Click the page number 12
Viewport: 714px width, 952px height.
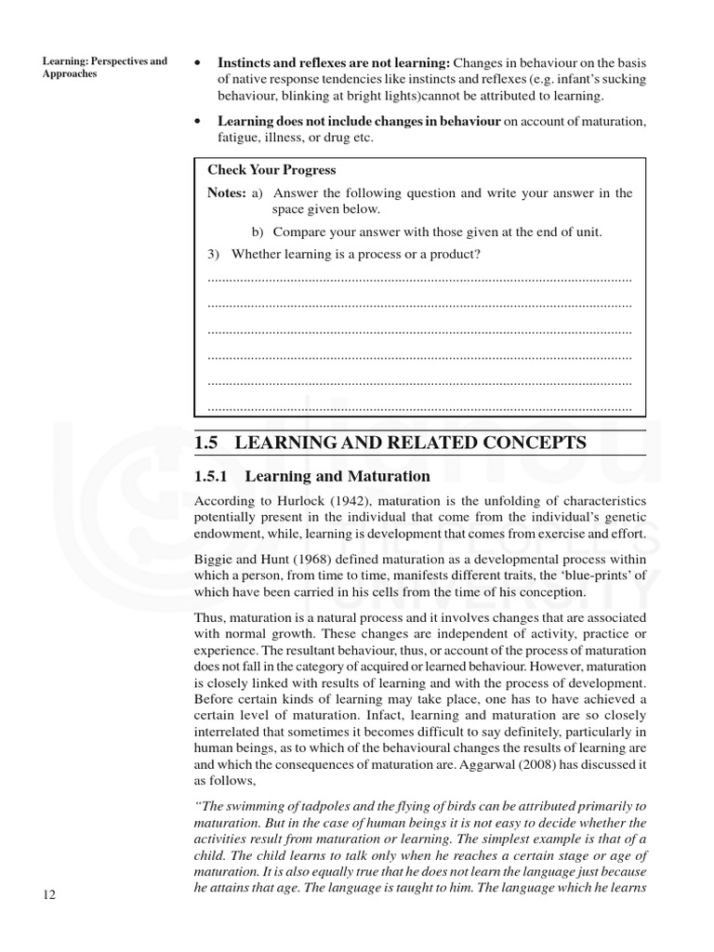[49, 894]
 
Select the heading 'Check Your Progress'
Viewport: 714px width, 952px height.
[271, 170]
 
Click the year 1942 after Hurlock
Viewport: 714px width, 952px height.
[343, 502]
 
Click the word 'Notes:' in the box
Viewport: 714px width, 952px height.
[227, 193]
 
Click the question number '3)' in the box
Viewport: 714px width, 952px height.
[214, 254]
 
